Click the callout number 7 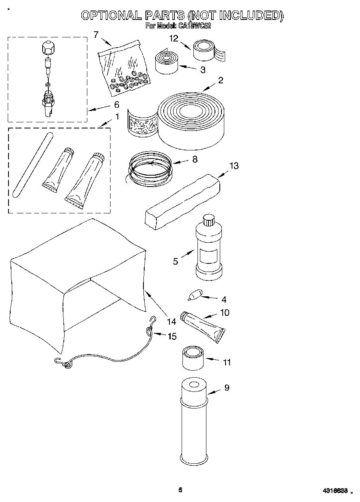pos(96,35)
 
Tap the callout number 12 pos(174,39)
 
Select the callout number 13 pos(234,166)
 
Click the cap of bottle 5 pos(208,221)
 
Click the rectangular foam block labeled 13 pos(183,199)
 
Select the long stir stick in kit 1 pos(32,165)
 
